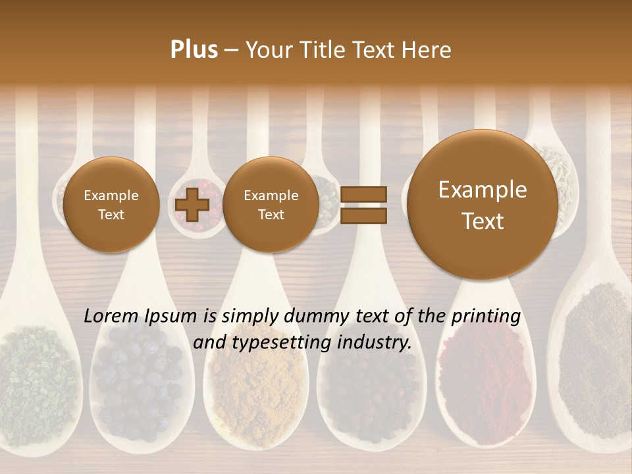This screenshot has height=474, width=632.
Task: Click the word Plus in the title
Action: point(194,50)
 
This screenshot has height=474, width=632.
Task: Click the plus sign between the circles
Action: point(192,205)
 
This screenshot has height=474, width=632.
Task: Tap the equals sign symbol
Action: point(363,205)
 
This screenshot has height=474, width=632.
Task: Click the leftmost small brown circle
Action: point(111,205)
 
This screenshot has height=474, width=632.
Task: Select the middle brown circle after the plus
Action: point(271,205)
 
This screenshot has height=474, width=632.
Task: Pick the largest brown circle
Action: point(483,205)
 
